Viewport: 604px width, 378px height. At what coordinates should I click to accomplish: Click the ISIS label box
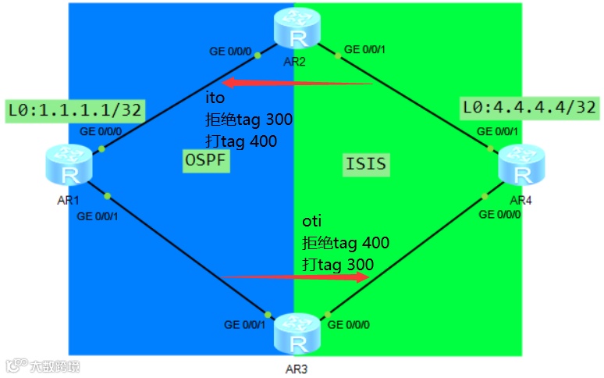pyautogui.click(x=366, y=165)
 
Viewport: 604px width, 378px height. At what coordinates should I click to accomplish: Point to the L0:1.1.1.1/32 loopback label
pyautogui.click(x=75, y=110)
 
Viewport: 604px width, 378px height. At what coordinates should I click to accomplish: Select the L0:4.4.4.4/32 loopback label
pyautogui.click(x=530, y=106)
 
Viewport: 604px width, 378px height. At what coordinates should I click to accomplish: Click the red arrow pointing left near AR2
pyautogui.click(x=297, y=83)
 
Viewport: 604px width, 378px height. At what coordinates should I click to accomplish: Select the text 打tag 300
pyautogui.click(x=337, y=264)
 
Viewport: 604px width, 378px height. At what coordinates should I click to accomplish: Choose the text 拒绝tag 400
pyautogui.click(x=345, y=243)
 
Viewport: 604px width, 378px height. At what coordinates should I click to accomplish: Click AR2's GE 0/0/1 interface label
pyautogui.click(x=364, y=49)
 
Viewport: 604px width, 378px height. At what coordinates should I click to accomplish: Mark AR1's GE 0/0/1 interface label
pyautogui.click(x=98, y=216)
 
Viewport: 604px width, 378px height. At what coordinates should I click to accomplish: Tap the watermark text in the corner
pyautogui.click(x=44, y=366)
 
